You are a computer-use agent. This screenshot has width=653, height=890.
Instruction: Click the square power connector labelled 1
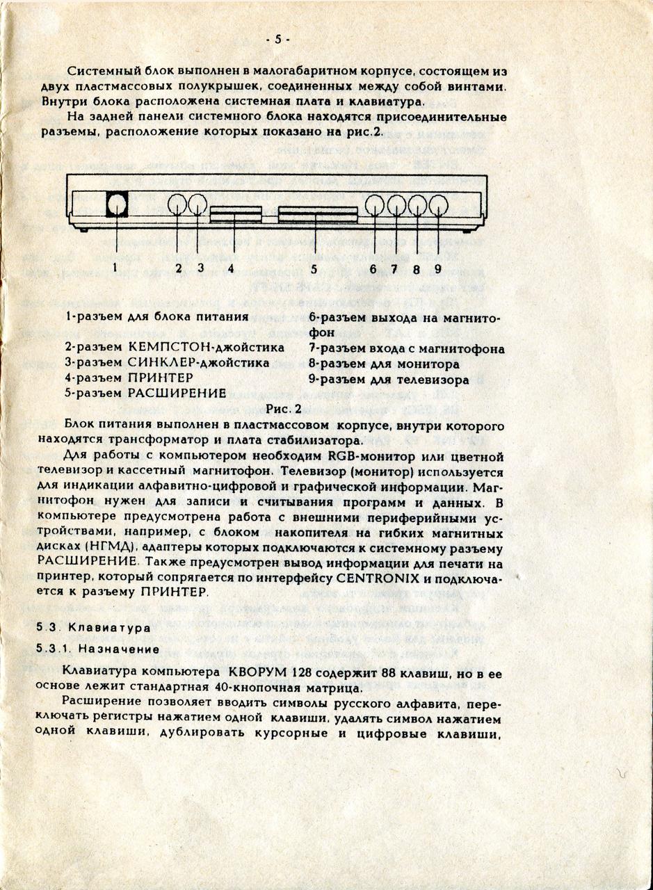[117, 204]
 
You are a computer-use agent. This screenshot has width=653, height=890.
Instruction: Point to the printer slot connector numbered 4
[235, 213]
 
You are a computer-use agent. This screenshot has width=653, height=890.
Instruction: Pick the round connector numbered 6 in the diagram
[376, 204]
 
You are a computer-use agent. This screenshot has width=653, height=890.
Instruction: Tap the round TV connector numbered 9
[437, 204]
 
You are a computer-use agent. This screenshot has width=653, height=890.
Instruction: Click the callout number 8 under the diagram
[416, 268]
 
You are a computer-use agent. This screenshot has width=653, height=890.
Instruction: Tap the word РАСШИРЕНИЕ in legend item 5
[177, 393]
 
